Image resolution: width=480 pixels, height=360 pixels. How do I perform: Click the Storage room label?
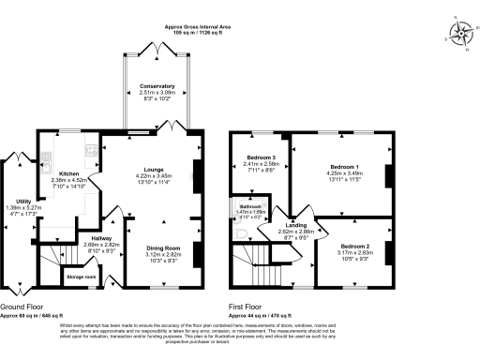[x=81, y=277]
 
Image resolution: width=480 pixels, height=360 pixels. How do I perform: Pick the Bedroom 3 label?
[x=261, y=157]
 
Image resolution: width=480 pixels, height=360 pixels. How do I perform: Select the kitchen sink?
[x=92, y=147]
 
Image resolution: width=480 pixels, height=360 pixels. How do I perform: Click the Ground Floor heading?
[x=25, y=307]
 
